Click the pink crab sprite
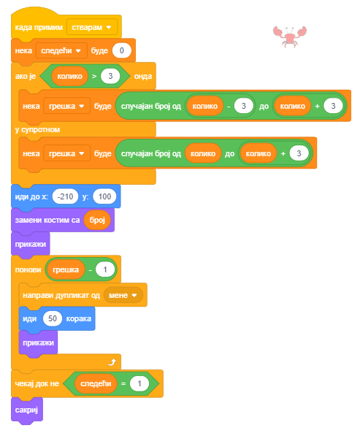click(x=290, y=37)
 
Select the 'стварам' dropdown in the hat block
click(x=92, y=27)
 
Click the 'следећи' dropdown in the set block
click(x=61, y=50)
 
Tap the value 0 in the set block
click(x=122, y=50)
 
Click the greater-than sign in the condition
click(x=94, y=76)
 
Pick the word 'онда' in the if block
click(x=143, y=76)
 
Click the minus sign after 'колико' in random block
click(x=229, y=107)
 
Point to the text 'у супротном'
click(x=37, y=129)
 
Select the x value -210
click(x=65, y=196)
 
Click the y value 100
click(x=104, y=196)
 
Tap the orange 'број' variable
click(x=97, y=220)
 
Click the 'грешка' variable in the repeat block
click(x=66, y=269)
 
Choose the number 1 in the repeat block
click(x=105, y=269)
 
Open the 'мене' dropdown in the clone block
click(x=123, y=295)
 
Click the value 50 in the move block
click(x=53, y=318)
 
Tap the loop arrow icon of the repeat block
click(x=112, y=361)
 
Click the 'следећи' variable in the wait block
click(x=96, y=383)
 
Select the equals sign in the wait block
click(x=123, y=383)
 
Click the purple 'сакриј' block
click(x=27, y=410)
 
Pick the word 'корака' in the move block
click(x=79, y=318)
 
